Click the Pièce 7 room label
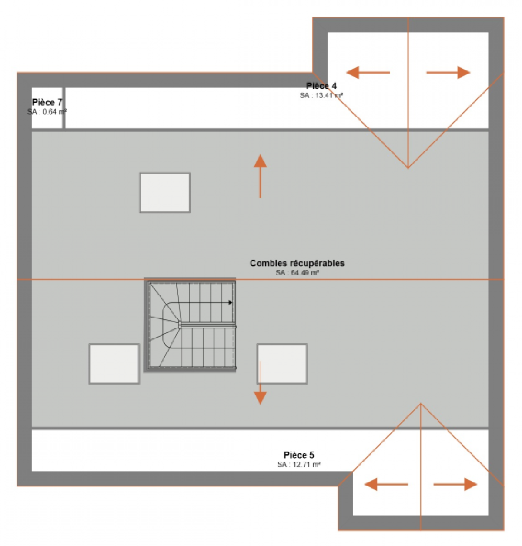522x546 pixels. [x=47, y=102]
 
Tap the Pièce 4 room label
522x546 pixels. [x=321, y=86]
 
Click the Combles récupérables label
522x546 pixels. [x=298, y=263]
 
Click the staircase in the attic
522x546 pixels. [x=190, y=325]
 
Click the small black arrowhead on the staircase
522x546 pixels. [x=231, y=302]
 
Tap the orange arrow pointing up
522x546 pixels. [x=260, y=176]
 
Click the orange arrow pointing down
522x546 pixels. [x=260, y=383]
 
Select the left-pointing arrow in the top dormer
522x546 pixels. [x=368, y=72]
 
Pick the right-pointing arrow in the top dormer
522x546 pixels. [x=448, y=72]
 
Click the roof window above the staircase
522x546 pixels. [x=165, y=192]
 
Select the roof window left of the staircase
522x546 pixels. [x=114, y=364]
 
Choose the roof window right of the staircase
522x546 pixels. [x=282, y=364]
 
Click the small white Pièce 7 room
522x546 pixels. [x=47, y=108]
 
